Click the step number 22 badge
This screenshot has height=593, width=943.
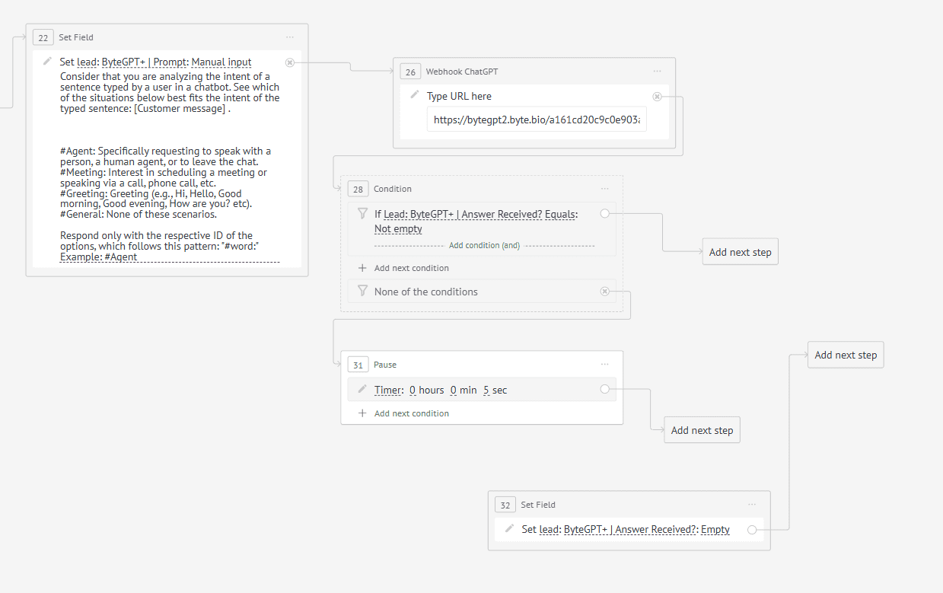click(x=43, y=37)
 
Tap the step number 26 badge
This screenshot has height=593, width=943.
click(x=410, y=72)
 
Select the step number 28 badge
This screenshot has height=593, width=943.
click(x=358, y=189)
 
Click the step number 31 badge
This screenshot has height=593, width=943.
click(x=358, y=365)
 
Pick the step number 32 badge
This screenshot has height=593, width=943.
click(x=505, y=505)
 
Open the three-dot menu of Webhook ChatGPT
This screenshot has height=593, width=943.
click(x=657, y=72)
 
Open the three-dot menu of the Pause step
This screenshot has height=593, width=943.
click(x=604, y=365)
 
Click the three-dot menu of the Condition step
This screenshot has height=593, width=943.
click(x=604, y=189)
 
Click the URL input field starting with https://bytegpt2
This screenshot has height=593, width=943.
click(x=537, y=120)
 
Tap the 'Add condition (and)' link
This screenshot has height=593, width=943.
click(x=484, y=246)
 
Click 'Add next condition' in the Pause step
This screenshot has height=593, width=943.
click(x=411, y=413)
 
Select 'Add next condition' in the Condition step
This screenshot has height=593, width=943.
click(x=411, y=268)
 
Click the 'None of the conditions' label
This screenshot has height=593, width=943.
click(x=425, y=292)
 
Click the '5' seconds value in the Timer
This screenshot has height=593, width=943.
click(x=486, y=391)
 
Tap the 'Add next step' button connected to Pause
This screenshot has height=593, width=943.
click(x=702, y=430)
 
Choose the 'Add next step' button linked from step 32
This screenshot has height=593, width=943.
click(x=846, y=355)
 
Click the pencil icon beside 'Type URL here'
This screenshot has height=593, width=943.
click(x=415, y=94)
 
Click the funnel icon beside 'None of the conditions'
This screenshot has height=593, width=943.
click(x=362, y=291)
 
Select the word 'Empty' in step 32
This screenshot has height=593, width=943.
click(x=715, y=529)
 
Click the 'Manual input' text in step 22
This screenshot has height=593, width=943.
click(x=221, y=62)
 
